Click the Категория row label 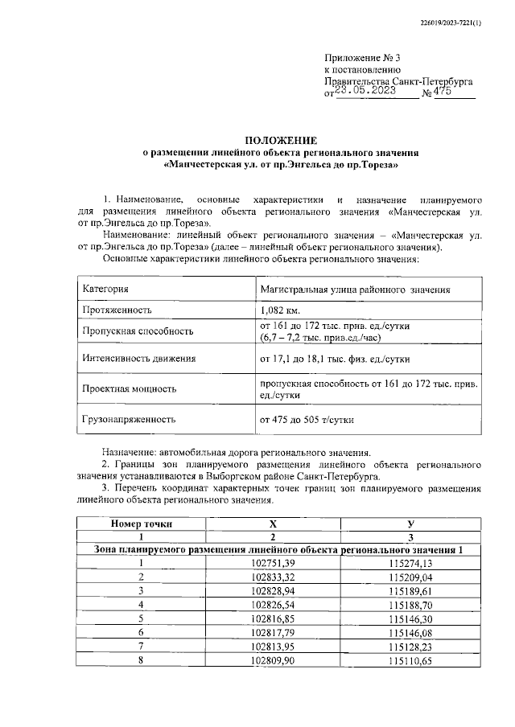106,289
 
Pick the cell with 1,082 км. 279,310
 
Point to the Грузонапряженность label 129,419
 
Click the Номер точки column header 141,523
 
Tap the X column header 274,523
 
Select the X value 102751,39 274,563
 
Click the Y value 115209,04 410,577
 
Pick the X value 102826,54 274,603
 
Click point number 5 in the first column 141,618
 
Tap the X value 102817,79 274,631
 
